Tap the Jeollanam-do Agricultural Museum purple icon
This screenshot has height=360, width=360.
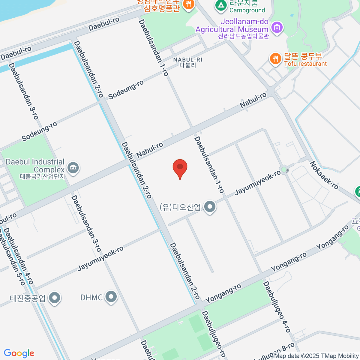click(277, 28)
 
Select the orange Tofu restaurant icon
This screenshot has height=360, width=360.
click(275, 58)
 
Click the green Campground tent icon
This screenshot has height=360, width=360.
click(221, 5)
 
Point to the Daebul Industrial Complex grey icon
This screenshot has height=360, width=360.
click(73, 167)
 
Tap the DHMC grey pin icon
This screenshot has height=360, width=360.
click(111, 297)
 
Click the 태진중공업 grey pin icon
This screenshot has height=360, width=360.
click(55, 298)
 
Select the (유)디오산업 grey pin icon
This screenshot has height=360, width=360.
click(210, 207)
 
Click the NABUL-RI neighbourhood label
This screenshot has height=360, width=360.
click(188, 62)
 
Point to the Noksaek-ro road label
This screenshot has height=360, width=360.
click(324, 175)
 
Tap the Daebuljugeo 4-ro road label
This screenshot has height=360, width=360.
click(277, 307)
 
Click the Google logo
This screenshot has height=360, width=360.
click(19, 353)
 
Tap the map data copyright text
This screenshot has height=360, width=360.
click(316, 356)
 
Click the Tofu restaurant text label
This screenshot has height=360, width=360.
click(305, 64)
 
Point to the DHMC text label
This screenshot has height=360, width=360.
click(91, 297)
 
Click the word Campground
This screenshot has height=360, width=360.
click(247, 10)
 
